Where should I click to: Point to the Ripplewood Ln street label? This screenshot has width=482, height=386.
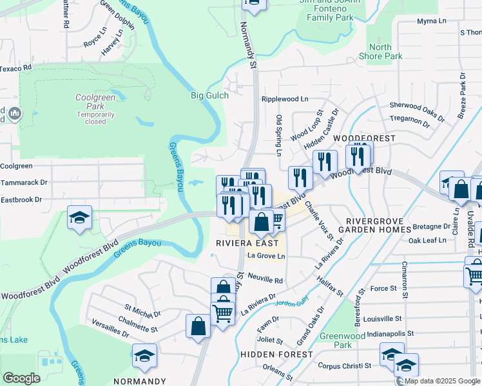coord(285,100)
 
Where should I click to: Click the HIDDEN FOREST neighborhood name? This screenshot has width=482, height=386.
coord(276,354)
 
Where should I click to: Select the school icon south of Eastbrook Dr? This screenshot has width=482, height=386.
coord(80,218)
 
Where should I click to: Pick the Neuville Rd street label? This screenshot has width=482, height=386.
coord(265,280)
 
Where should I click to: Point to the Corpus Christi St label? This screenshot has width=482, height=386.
coord(344,365)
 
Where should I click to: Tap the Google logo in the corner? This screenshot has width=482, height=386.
coord(21,378)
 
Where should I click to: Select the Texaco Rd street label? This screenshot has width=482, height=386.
coord(15,68)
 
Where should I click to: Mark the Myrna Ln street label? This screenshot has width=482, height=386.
coord(431,21)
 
